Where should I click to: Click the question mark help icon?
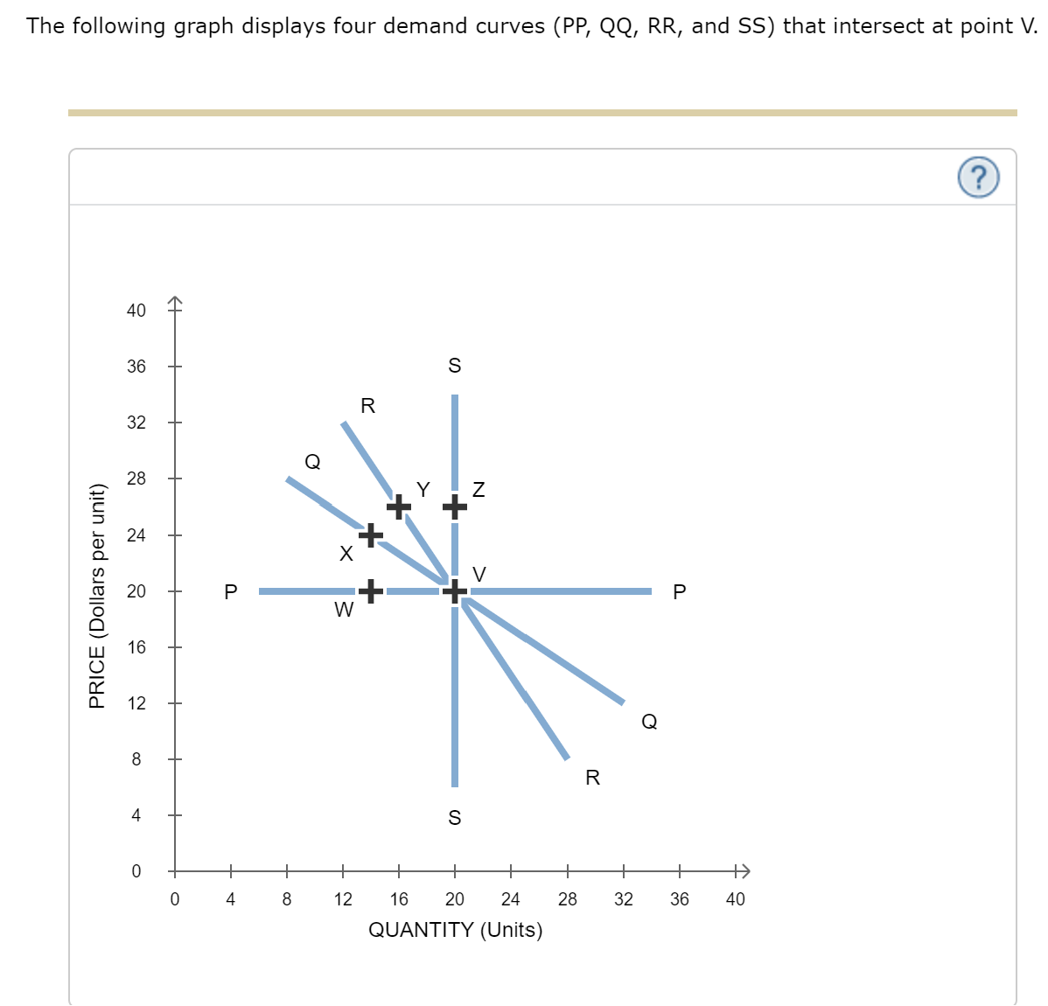click(x=978, y=178)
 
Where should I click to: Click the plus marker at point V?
click(x=454, y=592)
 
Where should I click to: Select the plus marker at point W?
click(x=371, y=592)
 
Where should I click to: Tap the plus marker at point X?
click(x=371, y=534)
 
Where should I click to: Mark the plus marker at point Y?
click(x=399, y=506)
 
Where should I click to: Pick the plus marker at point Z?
click(x=454, y=506)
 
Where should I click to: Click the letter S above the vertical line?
click(x=454, y=366)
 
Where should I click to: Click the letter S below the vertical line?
click(x=454, y=818)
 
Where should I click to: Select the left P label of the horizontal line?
click(x=231, y=592)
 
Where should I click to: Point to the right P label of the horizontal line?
click(x=680, y=592)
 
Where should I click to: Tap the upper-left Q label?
click(x=312, y=461)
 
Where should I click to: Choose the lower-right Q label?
click(x=649, y=722)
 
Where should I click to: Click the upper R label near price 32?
click(x=367, y=406)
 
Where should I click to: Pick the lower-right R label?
click(x=592, y=778)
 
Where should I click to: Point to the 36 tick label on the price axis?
click(x=136, y=367)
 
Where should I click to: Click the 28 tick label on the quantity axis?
click(x=567, y=899)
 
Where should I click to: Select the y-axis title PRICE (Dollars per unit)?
click(x=97, y=595)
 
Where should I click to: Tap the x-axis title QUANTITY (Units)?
click(x=455, y=930)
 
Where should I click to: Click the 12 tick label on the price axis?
click(x=136, y=703)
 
